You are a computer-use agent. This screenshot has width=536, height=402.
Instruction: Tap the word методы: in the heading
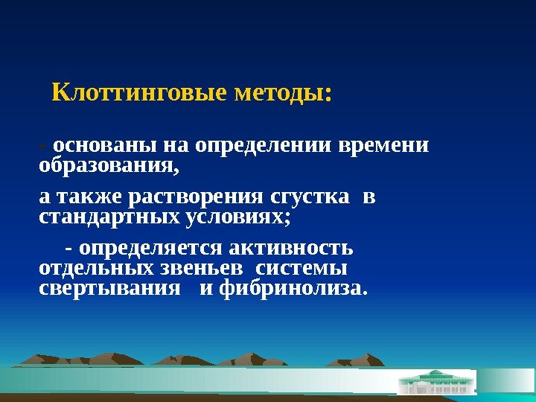[x=282, y=95]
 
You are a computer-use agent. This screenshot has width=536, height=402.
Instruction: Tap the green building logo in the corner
[x=436, y=383]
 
